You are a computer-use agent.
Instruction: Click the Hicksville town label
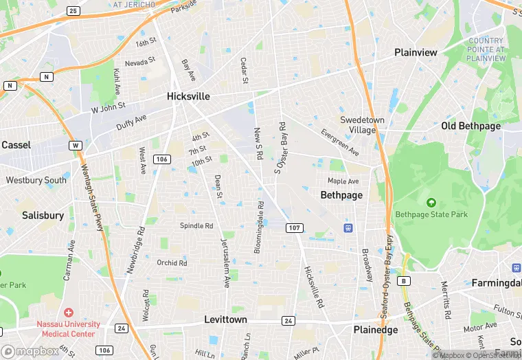188,97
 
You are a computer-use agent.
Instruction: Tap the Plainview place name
416,52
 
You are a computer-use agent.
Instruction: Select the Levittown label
225,320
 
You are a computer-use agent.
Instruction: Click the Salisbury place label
43,215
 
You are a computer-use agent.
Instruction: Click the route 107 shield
294,227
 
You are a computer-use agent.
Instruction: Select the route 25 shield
73,11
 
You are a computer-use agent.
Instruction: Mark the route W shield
75,146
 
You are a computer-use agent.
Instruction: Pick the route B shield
405,280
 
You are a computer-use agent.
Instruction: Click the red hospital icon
68,313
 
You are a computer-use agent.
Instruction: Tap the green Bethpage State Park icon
431,203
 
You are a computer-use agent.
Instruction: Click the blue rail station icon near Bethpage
348,228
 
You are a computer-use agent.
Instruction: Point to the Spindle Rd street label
196,225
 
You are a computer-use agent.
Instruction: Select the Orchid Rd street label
172,262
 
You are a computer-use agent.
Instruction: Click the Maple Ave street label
343,181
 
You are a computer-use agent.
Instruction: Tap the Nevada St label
140,63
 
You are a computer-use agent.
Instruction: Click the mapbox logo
30,351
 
